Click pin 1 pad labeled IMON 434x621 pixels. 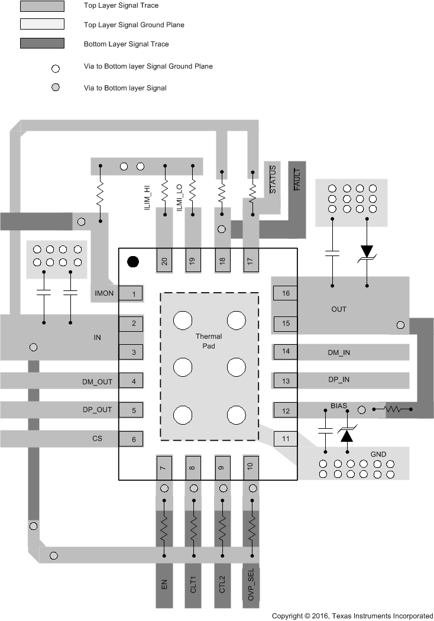tap(134, 294)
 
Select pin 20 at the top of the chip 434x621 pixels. tap(164, 261)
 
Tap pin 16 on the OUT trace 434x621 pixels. tap(286, 293)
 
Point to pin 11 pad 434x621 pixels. tap(286, 439)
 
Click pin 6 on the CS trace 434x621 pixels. tap(134, 439)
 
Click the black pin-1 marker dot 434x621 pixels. tap(134, 261)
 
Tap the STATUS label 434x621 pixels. tap(273, 179)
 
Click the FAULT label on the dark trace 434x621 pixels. tap(297, 179)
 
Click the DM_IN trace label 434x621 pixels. tap(339, 352)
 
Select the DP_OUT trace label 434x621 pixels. tap(97, 410)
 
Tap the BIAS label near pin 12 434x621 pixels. tap(339, 406)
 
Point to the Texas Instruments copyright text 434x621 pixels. tap(352, 615)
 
